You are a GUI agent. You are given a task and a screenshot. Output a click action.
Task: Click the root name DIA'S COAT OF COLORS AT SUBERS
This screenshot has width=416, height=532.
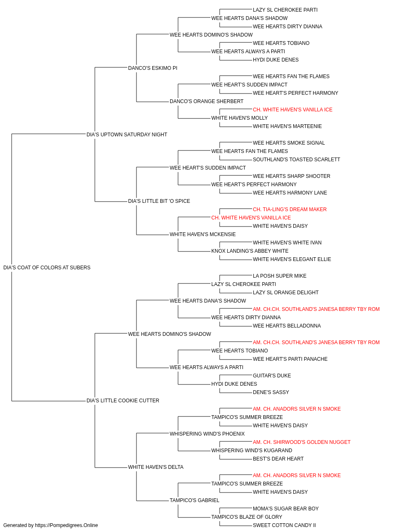(47, 268)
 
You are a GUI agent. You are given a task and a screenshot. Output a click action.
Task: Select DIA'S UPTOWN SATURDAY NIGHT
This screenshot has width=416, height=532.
(126, 135)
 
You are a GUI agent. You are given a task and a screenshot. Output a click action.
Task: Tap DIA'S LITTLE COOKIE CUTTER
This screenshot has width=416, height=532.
(123, 401)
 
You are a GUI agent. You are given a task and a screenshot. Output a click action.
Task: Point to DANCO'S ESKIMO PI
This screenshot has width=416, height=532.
(152, 68)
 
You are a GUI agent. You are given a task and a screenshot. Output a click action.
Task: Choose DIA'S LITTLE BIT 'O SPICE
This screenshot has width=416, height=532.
(159, 201)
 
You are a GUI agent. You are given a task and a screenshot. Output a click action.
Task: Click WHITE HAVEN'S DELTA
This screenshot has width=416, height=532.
(156, 467)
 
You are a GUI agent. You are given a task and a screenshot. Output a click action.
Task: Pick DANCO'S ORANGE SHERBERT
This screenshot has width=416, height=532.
(206, 101)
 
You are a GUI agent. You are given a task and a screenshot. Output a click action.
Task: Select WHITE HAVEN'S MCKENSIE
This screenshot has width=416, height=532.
(202, 234)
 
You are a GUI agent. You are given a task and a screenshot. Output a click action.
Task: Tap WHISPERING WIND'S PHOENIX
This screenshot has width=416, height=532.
(207, 434)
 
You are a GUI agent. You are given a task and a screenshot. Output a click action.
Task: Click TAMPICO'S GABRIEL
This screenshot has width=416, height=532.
(194, 500)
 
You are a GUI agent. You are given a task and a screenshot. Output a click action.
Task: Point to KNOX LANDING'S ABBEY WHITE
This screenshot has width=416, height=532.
(250, 251)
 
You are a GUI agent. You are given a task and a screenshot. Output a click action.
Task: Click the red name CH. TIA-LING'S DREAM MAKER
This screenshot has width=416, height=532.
(290, 209)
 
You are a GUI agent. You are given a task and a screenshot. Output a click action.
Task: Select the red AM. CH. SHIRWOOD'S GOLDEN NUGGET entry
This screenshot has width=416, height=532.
(302, 442)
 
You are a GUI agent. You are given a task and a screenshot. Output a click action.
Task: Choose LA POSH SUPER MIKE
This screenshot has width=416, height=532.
(280, 276)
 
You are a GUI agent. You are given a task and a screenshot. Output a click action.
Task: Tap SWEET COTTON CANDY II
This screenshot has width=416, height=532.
(284, 525)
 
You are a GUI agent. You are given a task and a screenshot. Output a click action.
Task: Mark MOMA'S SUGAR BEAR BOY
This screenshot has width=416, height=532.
(286, 509)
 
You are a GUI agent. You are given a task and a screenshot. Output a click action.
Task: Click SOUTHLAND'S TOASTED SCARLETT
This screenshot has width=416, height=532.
(297, 160)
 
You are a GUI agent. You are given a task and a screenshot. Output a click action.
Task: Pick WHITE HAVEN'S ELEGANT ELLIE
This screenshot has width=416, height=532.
(292, 259)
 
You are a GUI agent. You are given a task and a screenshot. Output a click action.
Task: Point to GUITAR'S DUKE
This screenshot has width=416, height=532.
(272, 376)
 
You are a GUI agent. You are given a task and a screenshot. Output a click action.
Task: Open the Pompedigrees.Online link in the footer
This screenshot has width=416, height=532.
(66, 525)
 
